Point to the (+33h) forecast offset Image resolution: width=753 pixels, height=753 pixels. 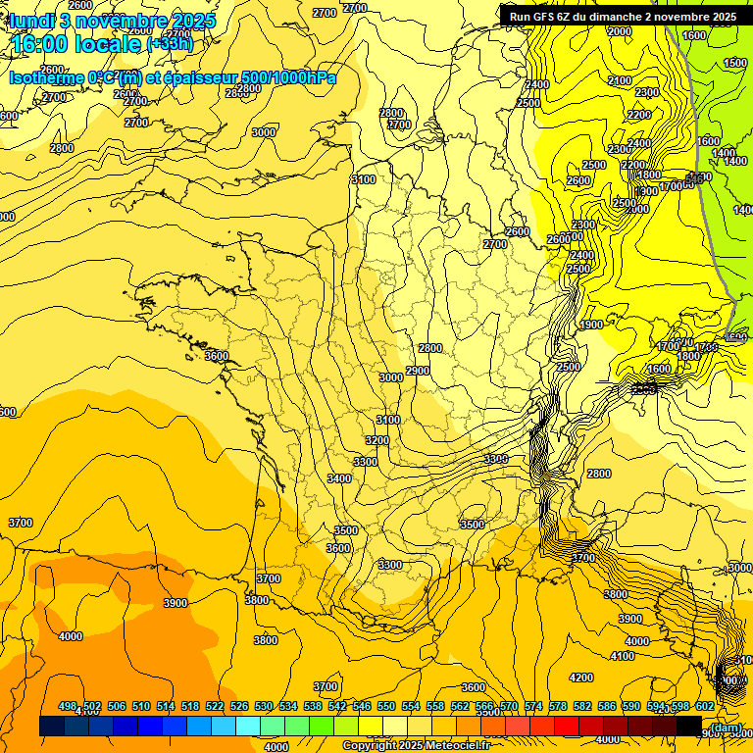pyautogui.click(x=169, y=44)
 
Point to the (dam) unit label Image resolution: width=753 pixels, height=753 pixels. pyautogui.click(x=725, y=728)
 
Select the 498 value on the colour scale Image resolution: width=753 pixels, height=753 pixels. pyautogui.click(x=68, y=706)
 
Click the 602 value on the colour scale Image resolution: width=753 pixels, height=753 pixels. pyautogui.click(x=704, y=706)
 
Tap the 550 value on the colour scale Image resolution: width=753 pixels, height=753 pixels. pyautogui.click(x=386, y=706)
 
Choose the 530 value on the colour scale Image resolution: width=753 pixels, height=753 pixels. pyautogui.click(x=264, y=706)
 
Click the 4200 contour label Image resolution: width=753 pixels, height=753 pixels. pyautogui.click(x=581, y=678)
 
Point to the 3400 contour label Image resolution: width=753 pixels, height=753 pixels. pyautogui.click(x=339, y=478)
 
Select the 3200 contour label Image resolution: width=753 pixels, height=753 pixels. pyautogui.click(x=376, y=440)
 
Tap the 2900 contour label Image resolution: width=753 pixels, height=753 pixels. pyautogui.click(x=418, y=371)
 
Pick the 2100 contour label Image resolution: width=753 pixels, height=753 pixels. pyautogui.click(x=620, y=80)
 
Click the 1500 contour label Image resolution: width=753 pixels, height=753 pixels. pyautogui.click(x=735, y=63)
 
